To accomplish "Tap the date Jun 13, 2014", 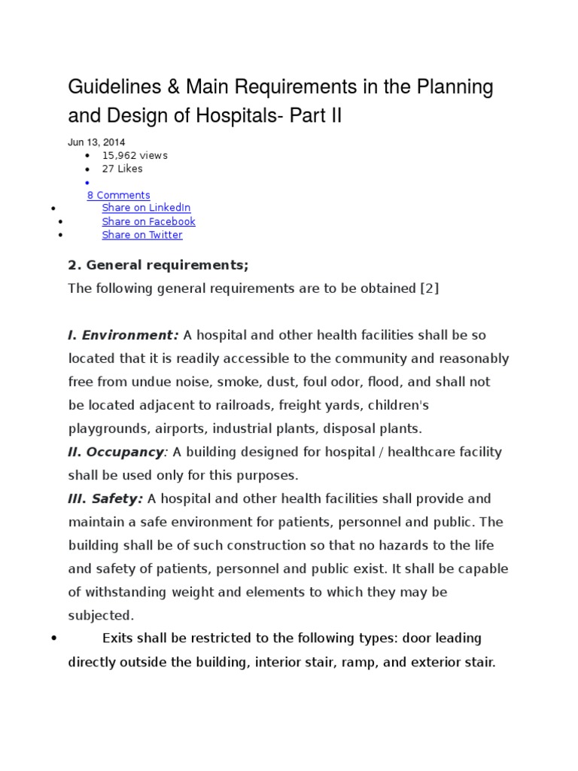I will pyautogui.click(x=96, y=142).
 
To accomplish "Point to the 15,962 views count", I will pyautogui.click(x=135, y=155).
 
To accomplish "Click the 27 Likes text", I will pyautogui.click(x=122, y=169).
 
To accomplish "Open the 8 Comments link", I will pyautogui.click(x=118, y=195).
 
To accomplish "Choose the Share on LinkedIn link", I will pyautogui.click(x=146, y=208).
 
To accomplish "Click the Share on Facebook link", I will pyautogui.click(x=148, y=221).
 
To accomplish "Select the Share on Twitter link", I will pyautogui.click(x=142, y=235).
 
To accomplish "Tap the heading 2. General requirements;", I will pyautogui.click(x=158, y=265).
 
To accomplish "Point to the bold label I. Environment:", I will pyautogui.click(x=123, y=335).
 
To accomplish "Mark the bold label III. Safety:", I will pyautogui.click(x=105, y=498).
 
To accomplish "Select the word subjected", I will pyautogui.click(x=101, y=615).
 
